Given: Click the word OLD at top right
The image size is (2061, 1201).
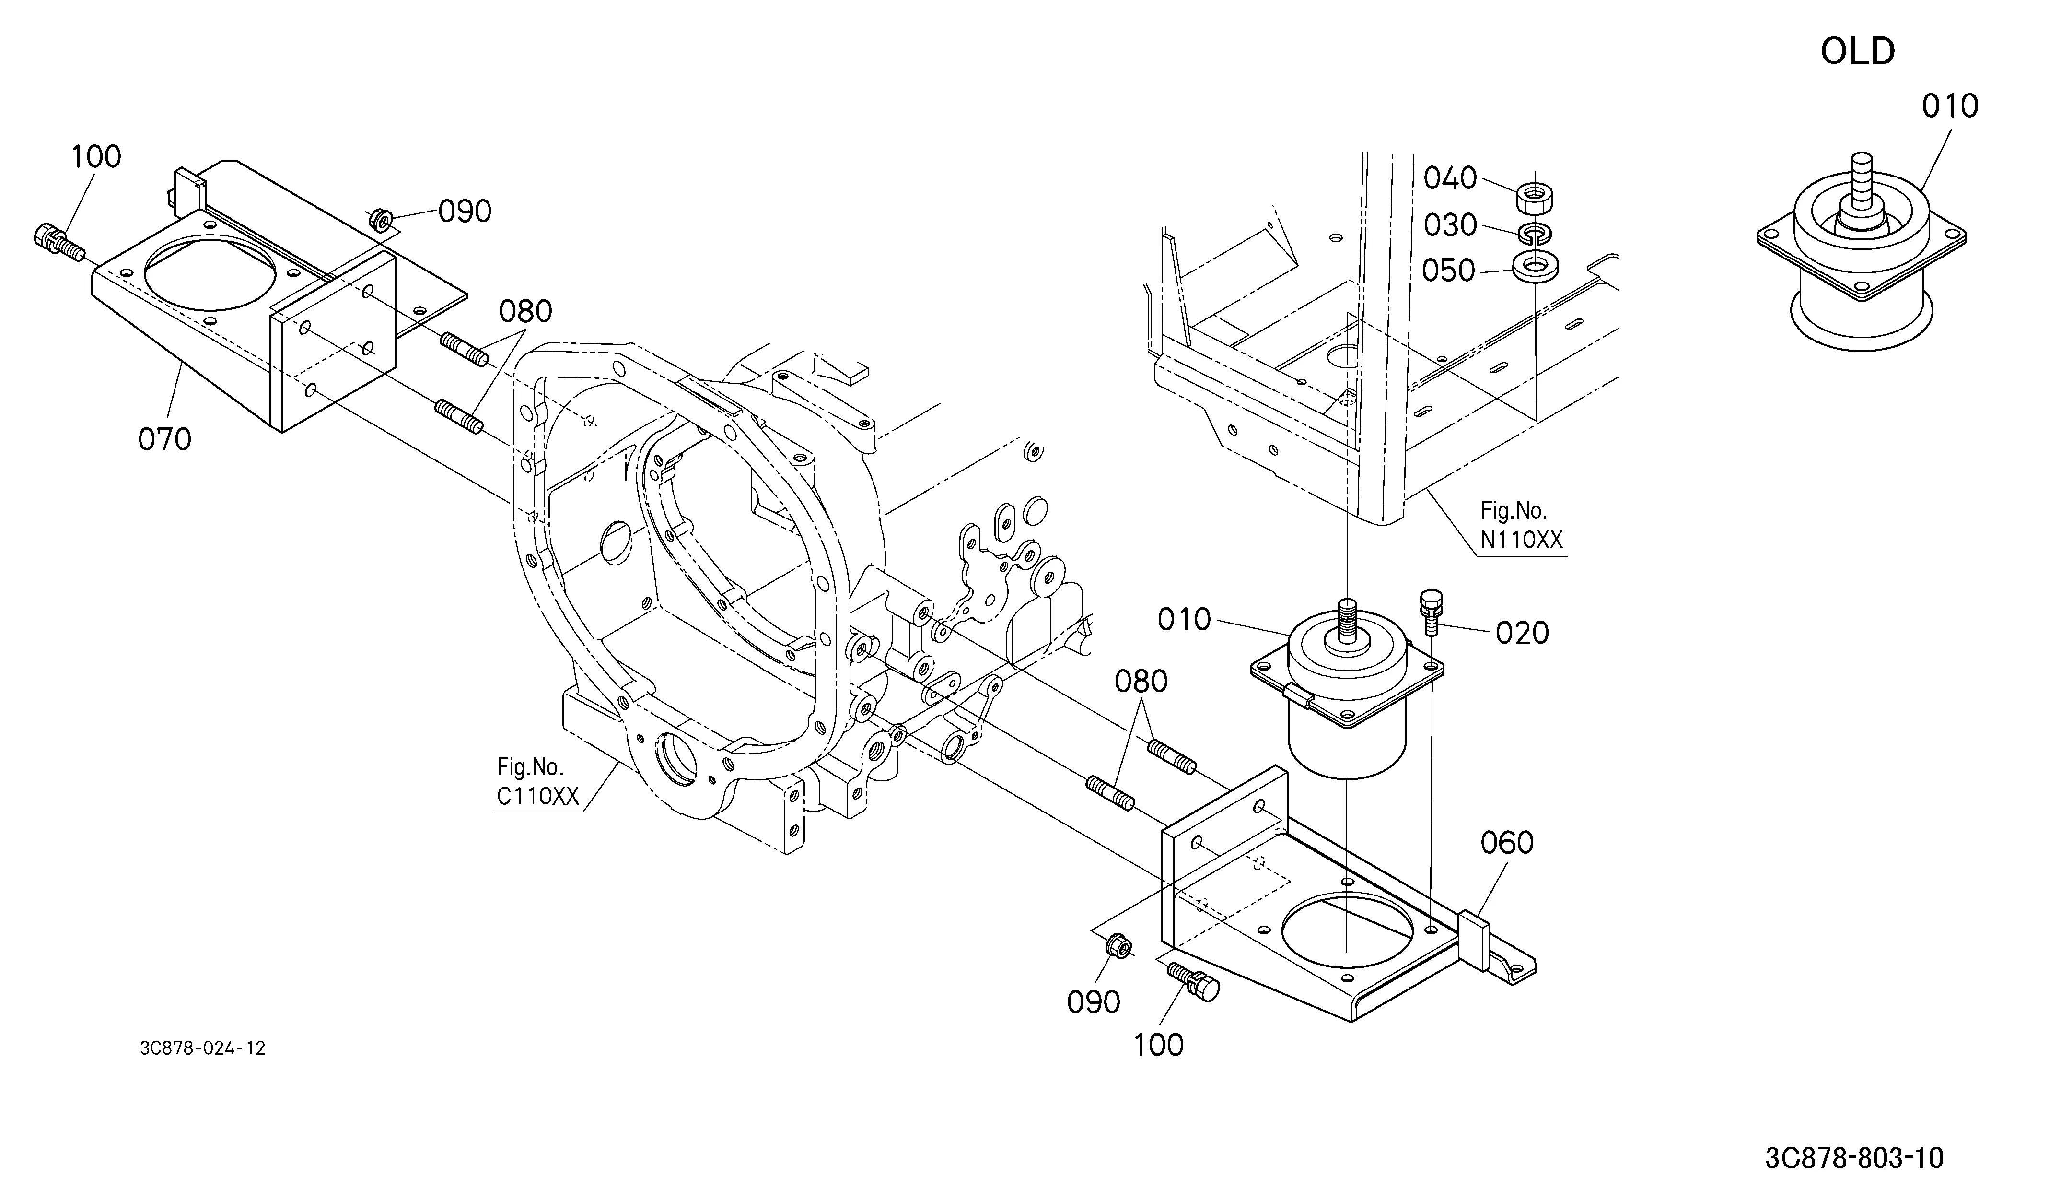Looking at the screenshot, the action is tap(1857, 51).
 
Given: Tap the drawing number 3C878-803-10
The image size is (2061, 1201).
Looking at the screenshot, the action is tap(1854, 1158).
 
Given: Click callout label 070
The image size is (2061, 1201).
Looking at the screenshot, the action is tap(164, 439).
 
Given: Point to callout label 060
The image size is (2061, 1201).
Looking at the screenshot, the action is tap(1507, 843).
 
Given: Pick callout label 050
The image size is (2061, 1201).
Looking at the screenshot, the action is tap(1448, 271).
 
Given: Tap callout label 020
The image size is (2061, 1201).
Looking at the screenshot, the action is tap(1522, 633).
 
